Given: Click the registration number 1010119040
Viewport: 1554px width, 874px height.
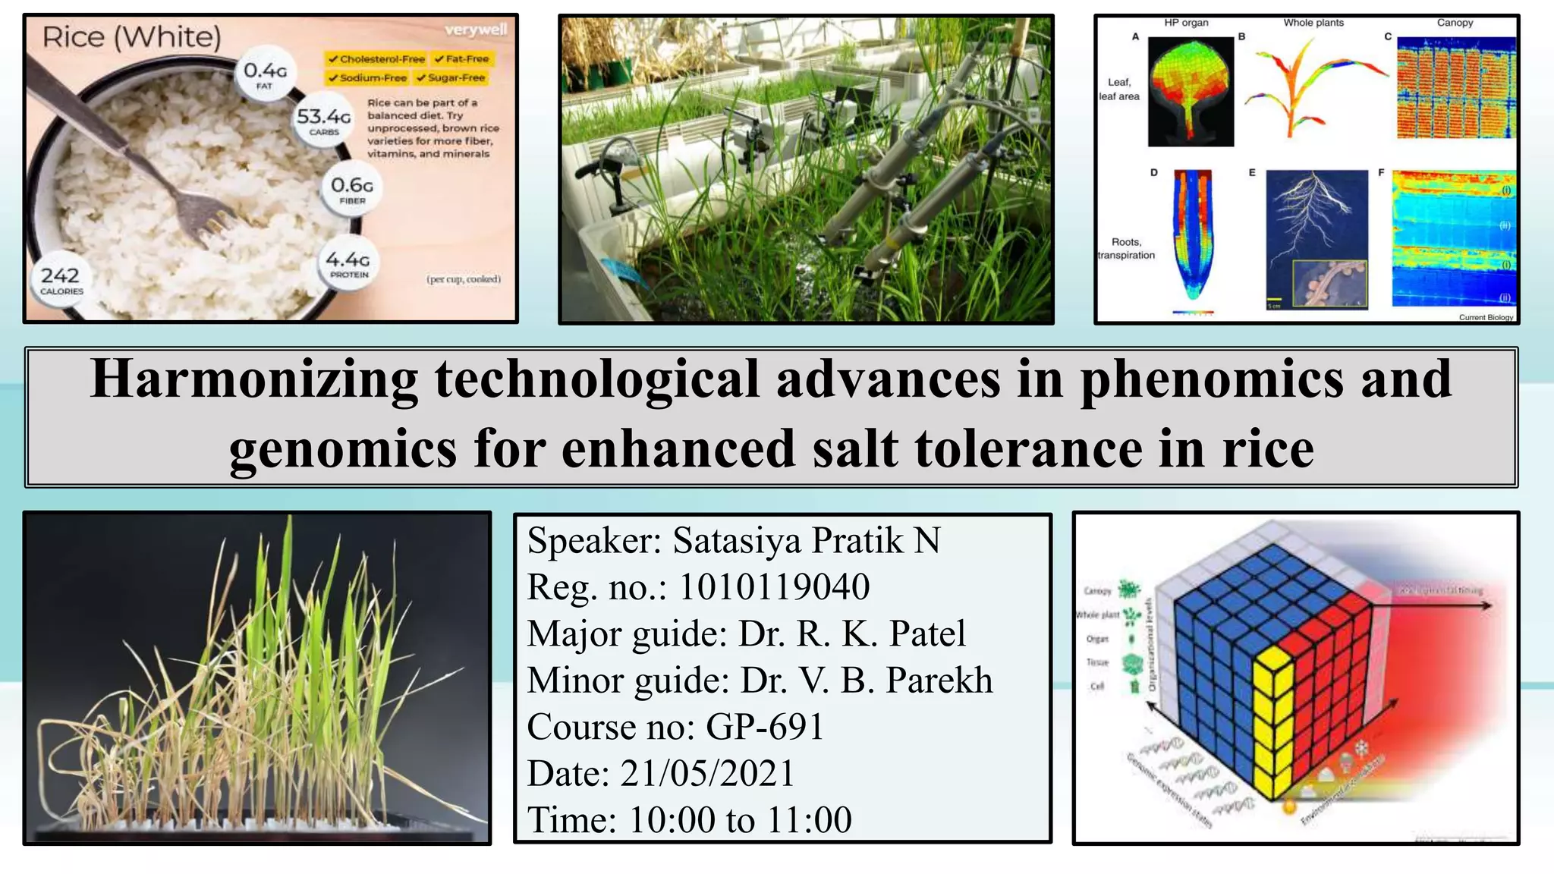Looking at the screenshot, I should (x=774, y=586).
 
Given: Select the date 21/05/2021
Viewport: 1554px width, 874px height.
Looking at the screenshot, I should (x=707, y=773).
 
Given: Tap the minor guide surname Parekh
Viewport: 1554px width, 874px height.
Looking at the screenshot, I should (x=939, y=680).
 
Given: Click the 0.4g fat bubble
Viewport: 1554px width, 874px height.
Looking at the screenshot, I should (x=265, y=74).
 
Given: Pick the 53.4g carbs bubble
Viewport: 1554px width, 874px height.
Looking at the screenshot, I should (x=324, y=120).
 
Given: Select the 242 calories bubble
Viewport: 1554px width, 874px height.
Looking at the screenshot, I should (x=61, y=279).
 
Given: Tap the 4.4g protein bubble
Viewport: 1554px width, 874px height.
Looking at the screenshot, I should (x=348, y=263).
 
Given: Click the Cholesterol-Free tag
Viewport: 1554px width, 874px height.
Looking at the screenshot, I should (x=376, y=59).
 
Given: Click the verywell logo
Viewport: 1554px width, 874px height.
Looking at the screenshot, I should (x=476, y=30).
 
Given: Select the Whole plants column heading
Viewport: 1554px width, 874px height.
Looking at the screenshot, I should (x=1313, y=23).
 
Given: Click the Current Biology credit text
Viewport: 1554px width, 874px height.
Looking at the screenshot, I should (x=1485, y=317).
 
